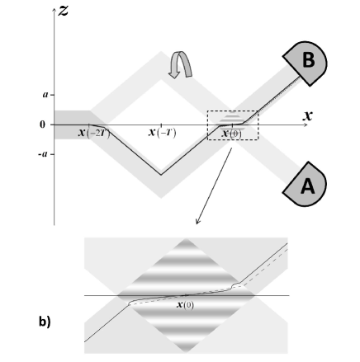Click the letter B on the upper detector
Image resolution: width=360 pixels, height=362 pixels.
point(308,59)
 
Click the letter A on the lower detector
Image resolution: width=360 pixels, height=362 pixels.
point(307,186)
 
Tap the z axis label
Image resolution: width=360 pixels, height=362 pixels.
point(64,11)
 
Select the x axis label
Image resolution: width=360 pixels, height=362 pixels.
point(308,115)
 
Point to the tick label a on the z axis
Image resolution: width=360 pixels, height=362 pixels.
point(45,95)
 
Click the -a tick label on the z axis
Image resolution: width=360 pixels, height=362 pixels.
point(43,154)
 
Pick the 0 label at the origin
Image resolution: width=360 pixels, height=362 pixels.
point(42,125)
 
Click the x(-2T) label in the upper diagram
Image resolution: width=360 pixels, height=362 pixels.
point(94,133)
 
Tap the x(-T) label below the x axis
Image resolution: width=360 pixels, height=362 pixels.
point(163,133)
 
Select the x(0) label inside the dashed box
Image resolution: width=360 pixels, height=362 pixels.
point(232,134)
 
